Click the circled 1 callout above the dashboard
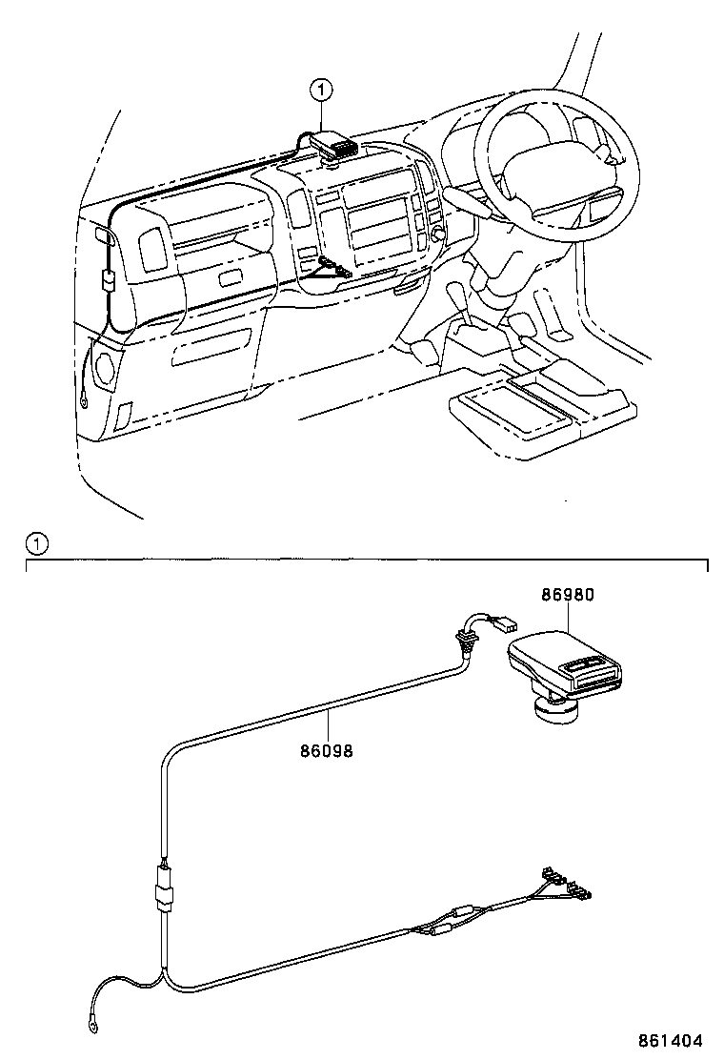[x=321, y=91]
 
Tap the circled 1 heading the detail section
[x=35, y=544]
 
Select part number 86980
[x=568, y=595]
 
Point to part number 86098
[x=327, y=751]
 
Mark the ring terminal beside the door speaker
[x=87, y=401]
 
